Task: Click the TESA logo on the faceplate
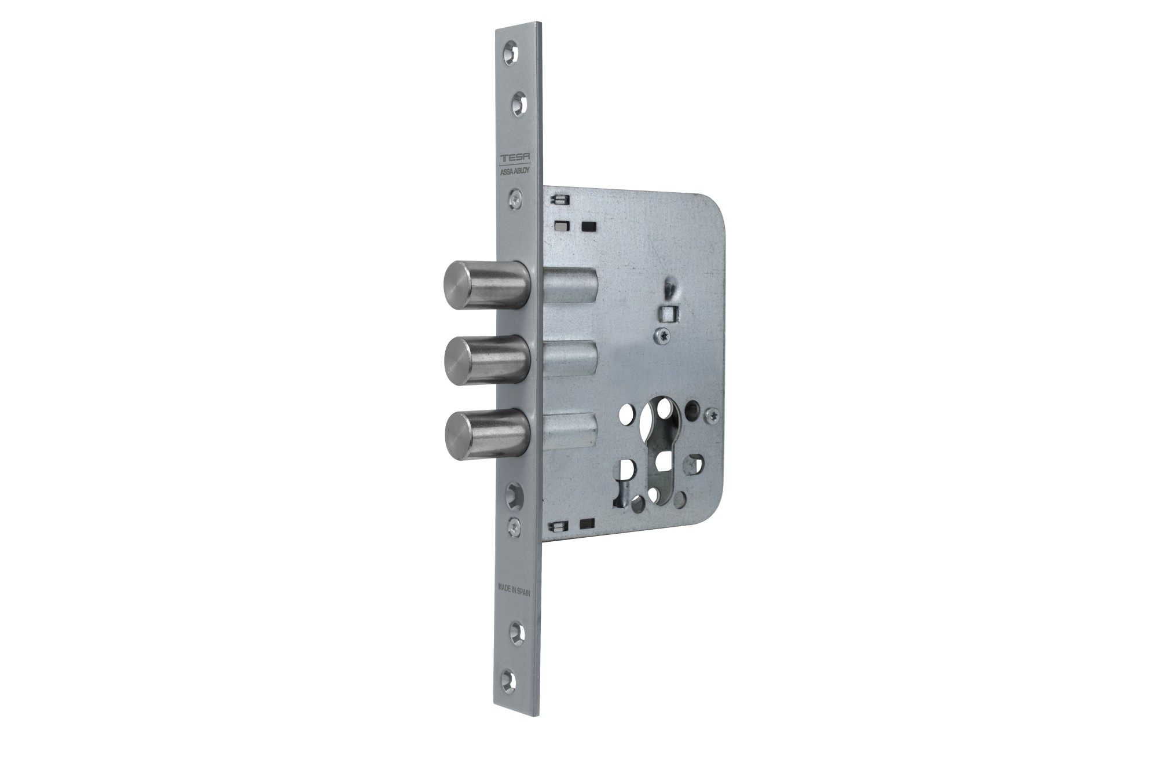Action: pyautogui.click(x=520, y=159)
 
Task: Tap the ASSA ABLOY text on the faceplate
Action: pyautogui.click(x=520, y=171)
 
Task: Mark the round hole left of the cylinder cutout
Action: pyautogui.click(x=626, y=413)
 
